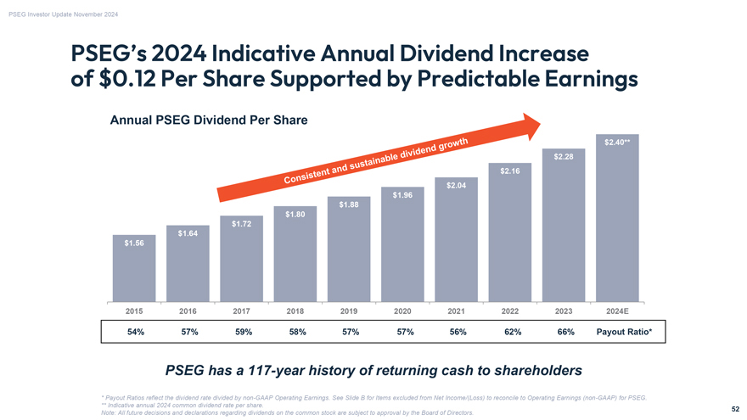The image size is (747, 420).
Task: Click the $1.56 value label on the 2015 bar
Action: (x=133, y=244)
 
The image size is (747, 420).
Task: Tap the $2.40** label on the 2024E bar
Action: (x=616, y=142)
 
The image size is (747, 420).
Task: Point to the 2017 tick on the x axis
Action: (x=243, y=311)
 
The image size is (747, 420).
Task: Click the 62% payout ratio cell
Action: (x=513, y=332)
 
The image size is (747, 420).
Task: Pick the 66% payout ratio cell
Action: (x=566, y=332)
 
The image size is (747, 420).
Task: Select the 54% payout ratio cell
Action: (x=135, y=332)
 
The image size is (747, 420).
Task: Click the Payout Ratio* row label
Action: (x=624, y=332)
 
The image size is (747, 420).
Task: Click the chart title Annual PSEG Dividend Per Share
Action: (x=209, y=120)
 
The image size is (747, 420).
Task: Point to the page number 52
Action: (x=734, y=408)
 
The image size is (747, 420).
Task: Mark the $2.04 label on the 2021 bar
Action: (x=456, y=186)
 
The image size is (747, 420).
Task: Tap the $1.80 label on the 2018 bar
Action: (x=295, y=214)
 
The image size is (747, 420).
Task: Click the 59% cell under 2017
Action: (x=243, y=332)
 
